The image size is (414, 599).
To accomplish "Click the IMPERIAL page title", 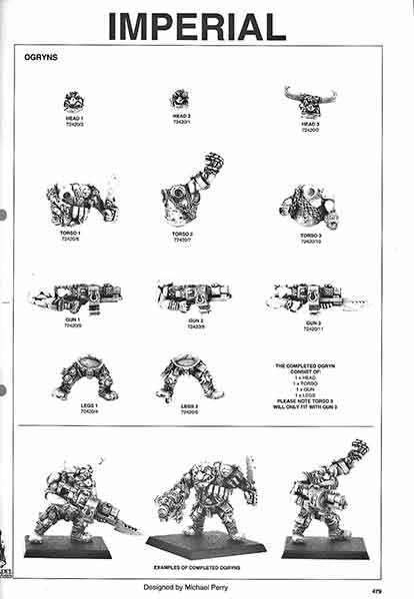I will click(x=197, y=25).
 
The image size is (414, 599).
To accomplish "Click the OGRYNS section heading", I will click(x=41, y=58).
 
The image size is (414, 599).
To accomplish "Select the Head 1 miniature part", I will click(x=74, y=101).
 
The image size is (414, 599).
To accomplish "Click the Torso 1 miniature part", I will click(x=81, y=204).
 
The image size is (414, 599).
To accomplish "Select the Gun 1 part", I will click(x=76, y=296).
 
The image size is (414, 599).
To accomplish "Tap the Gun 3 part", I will click(x=310, y=296).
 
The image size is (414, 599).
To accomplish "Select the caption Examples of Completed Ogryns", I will click(x=205, y=566).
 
